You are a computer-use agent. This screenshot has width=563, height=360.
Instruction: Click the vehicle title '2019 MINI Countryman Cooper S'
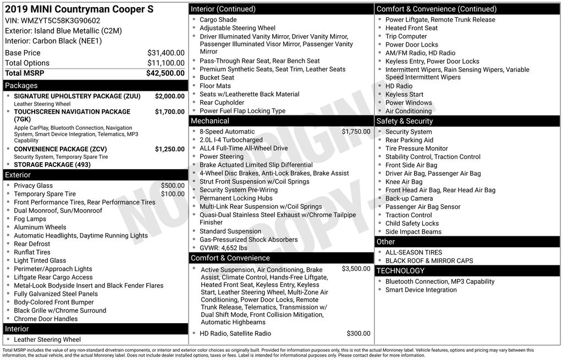[79, 9]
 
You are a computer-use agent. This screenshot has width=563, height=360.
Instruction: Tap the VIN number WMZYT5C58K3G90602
[60, 20]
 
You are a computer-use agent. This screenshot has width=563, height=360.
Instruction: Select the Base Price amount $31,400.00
[166, 53]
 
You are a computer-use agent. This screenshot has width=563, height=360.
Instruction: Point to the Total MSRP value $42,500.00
[165, 73]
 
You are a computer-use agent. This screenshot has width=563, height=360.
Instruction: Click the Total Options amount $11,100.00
[166, 63]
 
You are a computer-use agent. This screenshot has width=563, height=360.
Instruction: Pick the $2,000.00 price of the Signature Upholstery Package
[170, 96]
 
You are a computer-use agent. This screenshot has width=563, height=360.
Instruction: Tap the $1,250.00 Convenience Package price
[170, 149]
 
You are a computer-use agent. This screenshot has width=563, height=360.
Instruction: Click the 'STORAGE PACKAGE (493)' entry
[52, 164]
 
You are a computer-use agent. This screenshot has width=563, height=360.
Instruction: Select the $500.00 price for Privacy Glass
[173, 186]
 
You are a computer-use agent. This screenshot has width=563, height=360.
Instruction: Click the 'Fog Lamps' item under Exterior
[30, 219]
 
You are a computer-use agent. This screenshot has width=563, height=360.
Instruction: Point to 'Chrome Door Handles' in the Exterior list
[46, 319]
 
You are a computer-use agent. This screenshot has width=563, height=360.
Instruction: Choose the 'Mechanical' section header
[210, 121]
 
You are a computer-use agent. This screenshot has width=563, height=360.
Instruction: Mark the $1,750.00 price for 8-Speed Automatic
[356, 132]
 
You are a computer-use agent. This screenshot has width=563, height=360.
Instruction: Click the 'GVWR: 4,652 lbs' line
[223, 248]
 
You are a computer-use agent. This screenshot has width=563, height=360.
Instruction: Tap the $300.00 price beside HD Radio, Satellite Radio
[358, 334]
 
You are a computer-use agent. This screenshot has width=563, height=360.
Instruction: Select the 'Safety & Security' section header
[405, 121]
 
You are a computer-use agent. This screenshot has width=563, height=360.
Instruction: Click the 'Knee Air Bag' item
[404, 182]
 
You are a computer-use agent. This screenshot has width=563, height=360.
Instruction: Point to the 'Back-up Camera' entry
[409, 198]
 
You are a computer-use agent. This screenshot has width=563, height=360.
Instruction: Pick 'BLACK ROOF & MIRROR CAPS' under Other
[429, 261]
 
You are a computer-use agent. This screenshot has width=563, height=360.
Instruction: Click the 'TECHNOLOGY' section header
[400, 270]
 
